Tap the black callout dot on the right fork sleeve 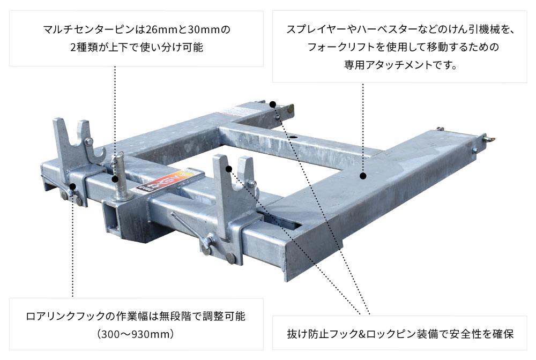point(363,175)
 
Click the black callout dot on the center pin point(115,180)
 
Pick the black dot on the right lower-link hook point(229,169)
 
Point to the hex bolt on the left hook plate point(89,141)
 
